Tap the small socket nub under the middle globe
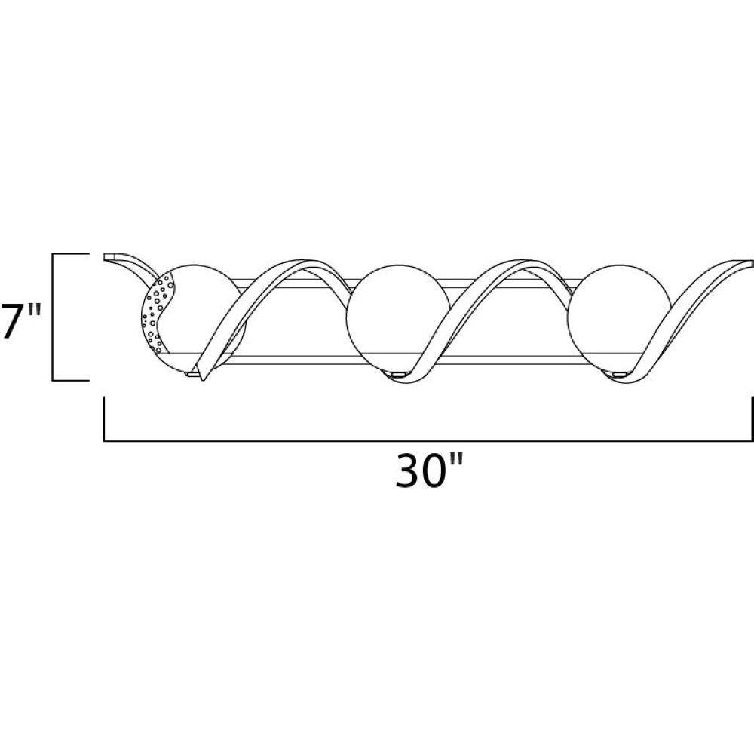pyautogui.click(x=398, y=374)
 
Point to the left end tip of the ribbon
pyautogui.click(x=105, y=257)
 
